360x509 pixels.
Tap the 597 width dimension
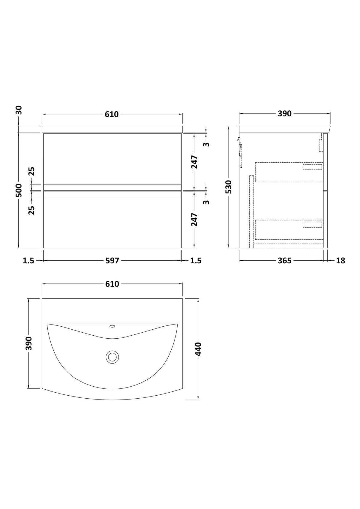click(x=112, y=260)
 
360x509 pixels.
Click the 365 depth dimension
click(x=284, y=260)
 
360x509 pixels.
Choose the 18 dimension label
click(x=340, y=260)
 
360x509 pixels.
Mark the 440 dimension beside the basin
click(x=198, y=349)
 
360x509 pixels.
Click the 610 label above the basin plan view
click(x=112, y=284)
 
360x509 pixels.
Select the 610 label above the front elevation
click(x=112, y=114)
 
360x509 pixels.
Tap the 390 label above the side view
click(x=284, y=113)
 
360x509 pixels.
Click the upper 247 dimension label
click(x=194, y=162)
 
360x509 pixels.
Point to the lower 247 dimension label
click(x=194, y=219)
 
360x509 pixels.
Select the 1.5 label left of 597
click(x=28, y=260)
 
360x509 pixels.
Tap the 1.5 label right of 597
click(x=196, y=260)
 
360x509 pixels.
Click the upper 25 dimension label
click(x=32, y=171)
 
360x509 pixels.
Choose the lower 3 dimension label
click(x=206, y=202)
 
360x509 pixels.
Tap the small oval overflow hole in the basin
click(x=112, y=327)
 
